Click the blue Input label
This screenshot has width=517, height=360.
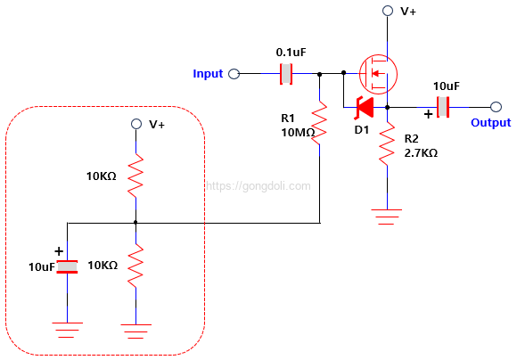(x=208, y=73)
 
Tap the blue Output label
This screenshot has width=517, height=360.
(x=490, y=123)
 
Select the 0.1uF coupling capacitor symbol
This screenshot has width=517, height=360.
(x=286, y=74)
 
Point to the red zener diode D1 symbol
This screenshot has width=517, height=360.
(x=363, y=108)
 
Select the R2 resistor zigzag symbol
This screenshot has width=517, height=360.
(x=387, y=144)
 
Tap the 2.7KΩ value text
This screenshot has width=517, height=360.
(x=421, y=152)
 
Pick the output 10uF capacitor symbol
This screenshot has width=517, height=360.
(x=443, y=108)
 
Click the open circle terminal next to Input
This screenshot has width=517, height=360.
(x=234, y=74)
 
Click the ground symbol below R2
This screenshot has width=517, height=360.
(x=387, y=215)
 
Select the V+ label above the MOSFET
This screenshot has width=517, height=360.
(x=408, y=12)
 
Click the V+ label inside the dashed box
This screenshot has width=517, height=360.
(x=157, y=125)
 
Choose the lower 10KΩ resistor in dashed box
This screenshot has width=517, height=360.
(x=135, y=266)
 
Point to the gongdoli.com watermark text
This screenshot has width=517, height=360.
(x=258, y=186)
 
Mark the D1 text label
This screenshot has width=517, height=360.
(x=361, y=130)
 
